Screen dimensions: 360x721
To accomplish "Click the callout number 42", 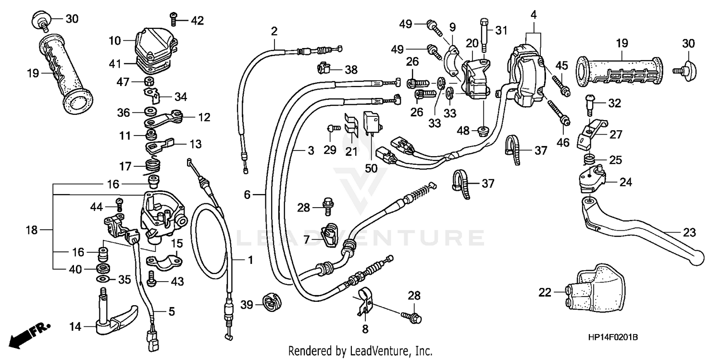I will click(x=197, y=21).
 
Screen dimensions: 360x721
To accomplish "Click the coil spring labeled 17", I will click(x=152, y=167).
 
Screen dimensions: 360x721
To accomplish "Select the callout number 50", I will click(x=371, y=168).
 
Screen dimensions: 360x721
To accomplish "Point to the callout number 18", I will click(x=32, y=230).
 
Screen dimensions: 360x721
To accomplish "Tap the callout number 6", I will click(x=247, y=195).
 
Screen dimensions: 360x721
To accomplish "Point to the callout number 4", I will click(x=534, y=14).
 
